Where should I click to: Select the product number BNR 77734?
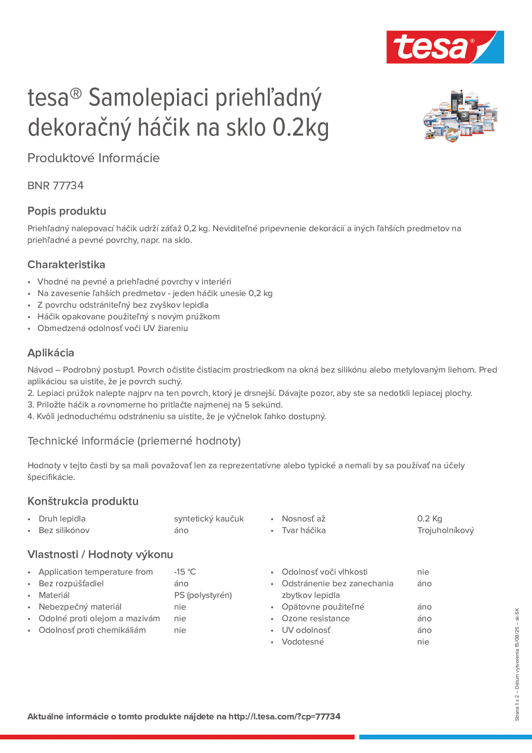coord(56,186)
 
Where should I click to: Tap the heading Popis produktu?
coord(67,211)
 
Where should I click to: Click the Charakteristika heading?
coord(66,264)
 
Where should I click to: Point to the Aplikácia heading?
coord(51,353)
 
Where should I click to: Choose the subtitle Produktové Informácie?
coord(94,158)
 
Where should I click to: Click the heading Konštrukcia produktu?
coord(83,501)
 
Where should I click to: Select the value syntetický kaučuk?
coord(209,518)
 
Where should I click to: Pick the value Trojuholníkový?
coord(445,530)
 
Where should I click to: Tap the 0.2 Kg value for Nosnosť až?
coord(429,518)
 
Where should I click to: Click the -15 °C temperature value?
coord(185,572)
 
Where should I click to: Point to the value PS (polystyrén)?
coord(203,595)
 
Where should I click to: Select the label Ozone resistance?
coord(315,618)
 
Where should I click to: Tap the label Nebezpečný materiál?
coord(80,607)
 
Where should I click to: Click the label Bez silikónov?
coord(64,530)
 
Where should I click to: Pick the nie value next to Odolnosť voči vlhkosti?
coord(423,572)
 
